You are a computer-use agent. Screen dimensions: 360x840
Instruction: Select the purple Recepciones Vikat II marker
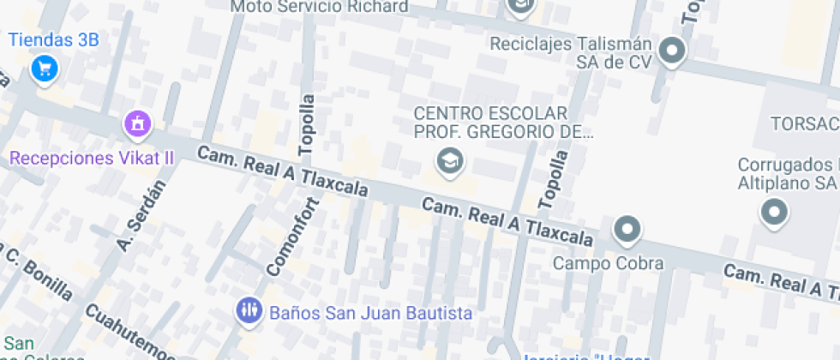click(137, 125)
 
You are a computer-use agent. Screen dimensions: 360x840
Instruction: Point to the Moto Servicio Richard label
click(320, 7)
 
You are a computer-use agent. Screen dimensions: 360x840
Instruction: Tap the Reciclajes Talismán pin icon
click(673, 51)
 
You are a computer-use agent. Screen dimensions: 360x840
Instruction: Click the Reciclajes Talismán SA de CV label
click(571, 51)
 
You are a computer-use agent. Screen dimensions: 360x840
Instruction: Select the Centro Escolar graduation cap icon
click(447, 159)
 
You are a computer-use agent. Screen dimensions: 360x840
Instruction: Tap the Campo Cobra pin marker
click(628, 230)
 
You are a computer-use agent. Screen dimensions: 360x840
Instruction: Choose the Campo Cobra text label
click(608, 263)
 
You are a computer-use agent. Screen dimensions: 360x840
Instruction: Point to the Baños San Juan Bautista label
click(370, 313)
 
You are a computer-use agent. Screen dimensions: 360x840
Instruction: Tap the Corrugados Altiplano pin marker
click(775, 212)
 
